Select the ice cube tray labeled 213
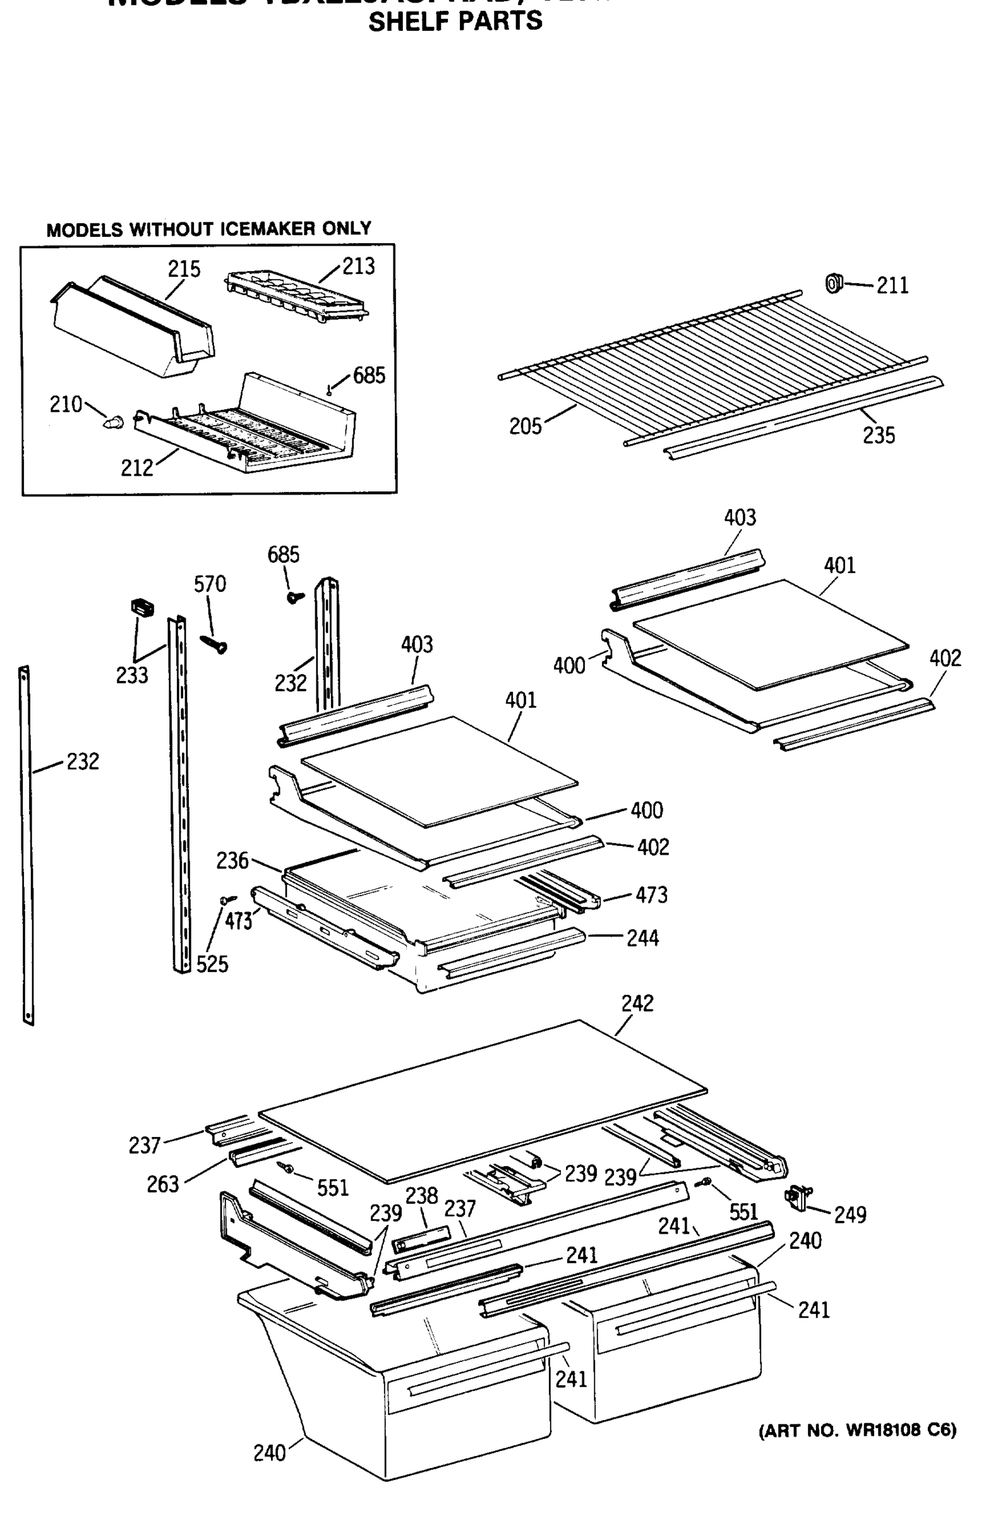(296, 294)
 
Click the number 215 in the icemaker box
(183, 269)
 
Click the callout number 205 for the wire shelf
(525, 426)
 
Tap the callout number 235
(879, 435)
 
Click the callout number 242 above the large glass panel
(637, 1003)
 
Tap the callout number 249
(850, 1215)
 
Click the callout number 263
(162, 1184)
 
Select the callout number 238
(422, 1196)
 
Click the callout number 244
(642, 937)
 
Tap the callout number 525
(212, 964)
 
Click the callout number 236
(232, 860)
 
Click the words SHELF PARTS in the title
(455, 21)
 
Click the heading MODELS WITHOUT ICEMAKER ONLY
(208, 229)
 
